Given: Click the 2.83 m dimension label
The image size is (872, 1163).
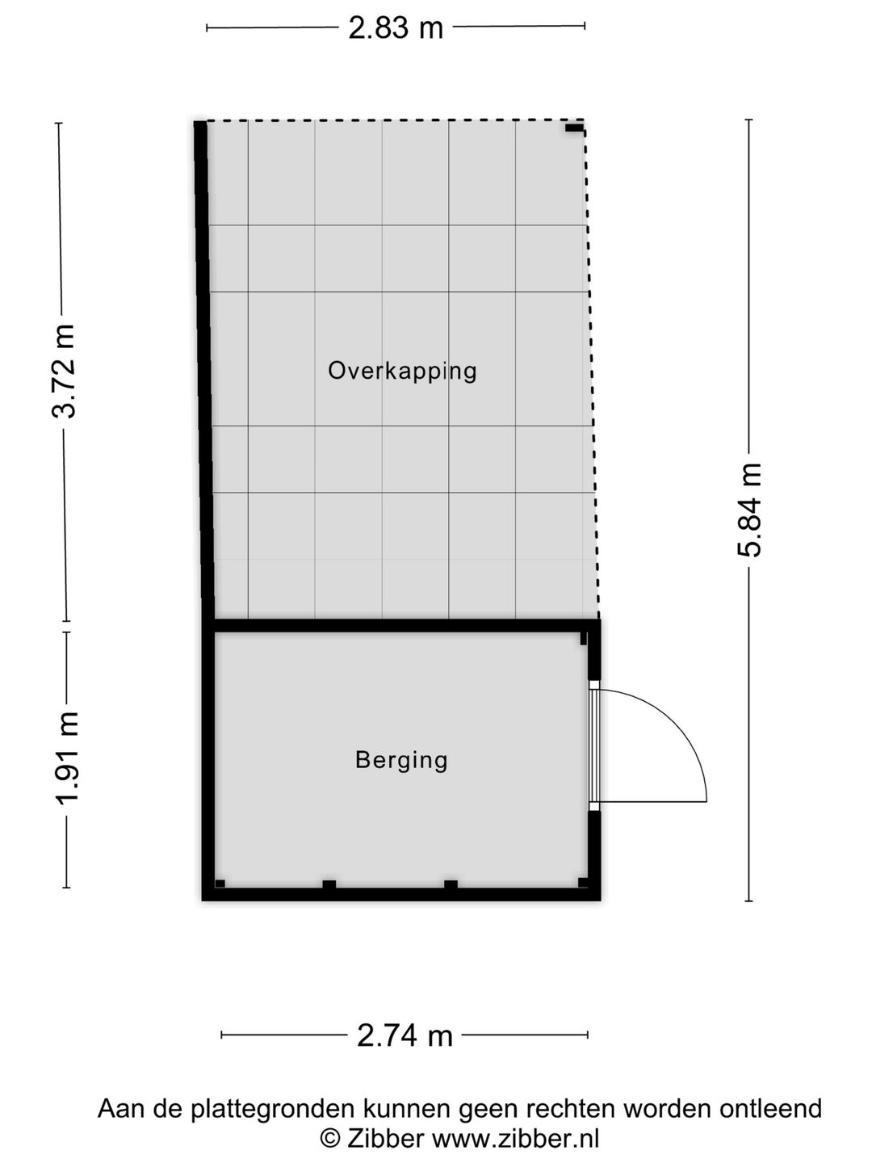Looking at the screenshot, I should click(396, 28).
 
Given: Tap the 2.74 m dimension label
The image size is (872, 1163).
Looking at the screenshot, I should click(405, 1035).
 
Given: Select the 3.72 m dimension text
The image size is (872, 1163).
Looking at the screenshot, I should click(64, 371).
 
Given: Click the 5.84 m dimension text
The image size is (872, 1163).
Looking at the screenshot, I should click(749, 510).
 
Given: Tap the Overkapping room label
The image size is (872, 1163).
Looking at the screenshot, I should click(402, 371).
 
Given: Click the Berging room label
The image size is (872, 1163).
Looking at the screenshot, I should click(401, 760).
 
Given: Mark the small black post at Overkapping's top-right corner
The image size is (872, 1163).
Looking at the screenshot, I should click(574, 128).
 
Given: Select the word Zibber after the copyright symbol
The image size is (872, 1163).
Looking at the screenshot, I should click(385, 1139).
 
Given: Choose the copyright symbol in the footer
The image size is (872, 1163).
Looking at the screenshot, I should click(329, 1139).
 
